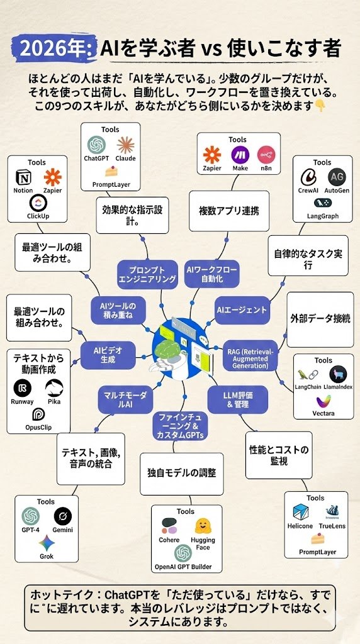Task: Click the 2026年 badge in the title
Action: pos(55,48)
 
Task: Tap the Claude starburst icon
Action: pos(125,144)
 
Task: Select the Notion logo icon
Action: pos(23,177)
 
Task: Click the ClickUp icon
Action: pos(38,202)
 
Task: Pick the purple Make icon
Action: pos(239,155)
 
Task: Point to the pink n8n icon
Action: pos(268,155)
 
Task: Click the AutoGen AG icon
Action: pos(337,177)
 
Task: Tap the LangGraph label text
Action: pos(322,216)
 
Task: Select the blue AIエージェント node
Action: pos(242,309)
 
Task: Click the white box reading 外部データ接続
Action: pos(320,318)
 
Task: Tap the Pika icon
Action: pos(53,387)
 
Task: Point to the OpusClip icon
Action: pos(39,414)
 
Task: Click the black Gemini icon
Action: pos(62,516)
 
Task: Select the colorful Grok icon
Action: pos(46,542)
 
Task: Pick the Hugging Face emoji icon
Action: pos(202,526)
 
